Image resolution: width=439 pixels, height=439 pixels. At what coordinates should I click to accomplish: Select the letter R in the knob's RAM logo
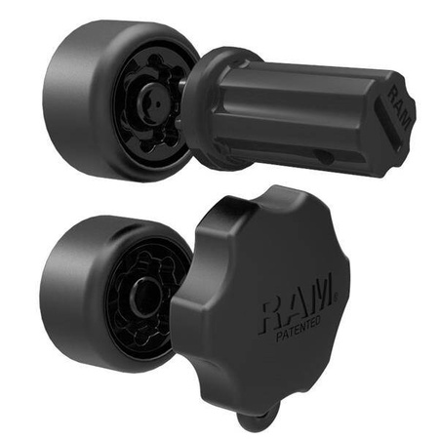pyautogui.click(x=274, y=309)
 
